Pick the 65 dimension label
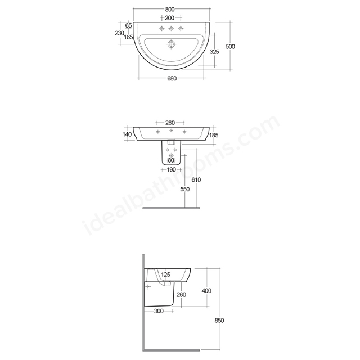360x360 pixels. [128, 26]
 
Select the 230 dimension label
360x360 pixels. [119, 33]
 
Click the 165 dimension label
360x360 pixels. [129, 37]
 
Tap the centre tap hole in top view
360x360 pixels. [172, 29]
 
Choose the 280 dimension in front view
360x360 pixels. [170, 123]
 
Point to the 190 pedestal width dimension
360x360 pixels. [171, 169]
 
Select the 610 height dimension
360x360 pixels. [196, 179]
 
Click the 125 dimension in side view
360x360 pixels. [166, 274]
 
